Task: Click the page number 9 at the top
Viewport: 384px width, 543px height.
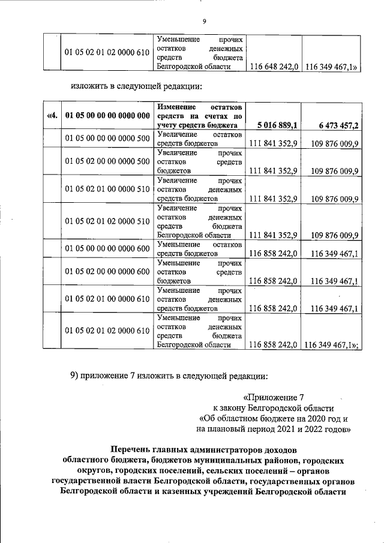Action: pyautogui.click(x=204, y=22)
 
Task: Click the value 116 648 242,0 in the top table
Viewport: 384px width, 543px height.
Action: pyautogui.click(x=274, y=67)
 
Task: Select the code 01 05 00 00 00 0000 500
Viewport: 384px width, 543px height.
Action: pyautogui.click(x=107, y=139)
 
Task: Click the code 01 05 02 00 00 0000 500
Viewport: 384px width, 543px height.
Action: pyautogui.click(x=107, y=161)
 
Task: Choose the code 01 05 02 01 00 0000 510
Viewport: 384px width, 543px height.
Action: pyautogui.click(x=107, y=189)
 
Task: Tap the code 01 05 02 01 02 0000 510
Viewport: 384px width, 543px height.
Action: pyautogui.click(x=107, y=221)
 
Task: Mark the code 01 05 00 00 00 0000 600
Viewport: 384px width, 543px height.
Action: pyautogui.click(x=107, y=248)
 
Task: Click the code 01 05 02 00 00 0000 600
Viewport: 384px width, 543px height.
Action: pyautogui.click(x=107, y=271)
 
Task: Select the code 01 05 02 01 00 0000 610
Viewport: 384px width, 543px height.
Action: pyautogui.click(x=107, y=299)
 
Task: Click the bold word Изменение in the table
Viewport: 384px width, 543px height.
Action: pyautogui.click(x=178, y=106)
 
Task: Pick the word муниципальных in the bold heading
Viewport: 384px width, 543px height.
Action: pyautogui.click(x=212, y=460)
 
